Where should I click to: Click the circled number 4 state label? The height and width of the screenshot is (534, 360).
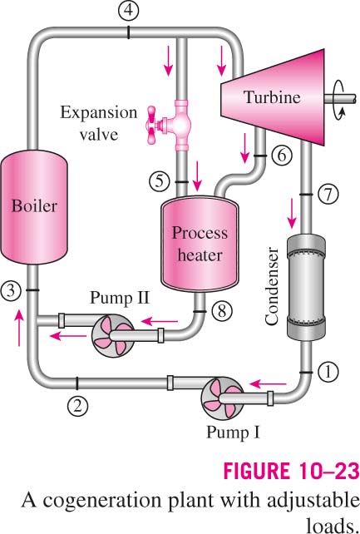pyautogui.click(x=128, y=11)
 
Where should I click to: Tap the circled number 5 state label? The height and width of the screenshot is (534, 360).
pyautogui.click(x=160, y=181)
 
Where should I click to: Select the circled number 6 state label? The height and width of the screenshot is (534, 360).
pyautogui.click(x=282, y=156)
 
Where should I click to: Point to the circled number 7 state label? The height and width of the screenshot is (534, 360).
pyautogui.click(x=328, y=195)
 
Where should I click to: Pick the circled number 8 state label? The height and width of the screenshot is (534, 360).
pyautogui.click(x=222, y=310)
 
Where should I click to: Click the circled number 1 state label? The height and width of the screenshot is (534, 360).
pyautogui.click(x=328, y=372)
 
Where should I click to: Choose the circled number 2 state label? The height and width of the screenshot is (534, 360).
pyautogui.click(x=77, y=406)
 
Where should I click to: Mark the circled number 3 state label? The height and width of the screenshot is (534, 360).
pyautogui.click(x=11, y=291)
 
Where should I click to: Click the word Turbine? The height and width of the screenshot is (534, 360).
pyautogui.click(x=272, y=97)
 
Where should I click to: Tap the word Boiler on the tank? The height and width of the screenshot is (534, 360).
pyautogui.click(x=34, y=206)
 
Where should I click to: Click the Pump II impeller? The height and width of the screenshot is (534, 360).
pyautogui.click(x=113, y=335)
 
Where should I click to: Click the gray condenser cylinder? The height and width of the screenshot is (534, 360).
pyautogui.click(x=306, y=287)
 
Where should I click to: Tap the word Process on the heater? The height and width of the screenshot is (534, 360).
pyautogui.click(x=200, y=233)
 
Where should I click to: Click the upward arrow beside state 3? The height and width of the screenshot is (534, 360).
pyautogui.click(x=19, y=328)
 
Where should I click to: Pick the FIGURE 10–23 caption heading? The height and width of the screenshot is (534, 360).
pyautogui.click(x=291, y=471)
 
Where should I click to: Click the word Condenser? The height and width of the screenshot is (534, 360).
pyautogui.click(x=272, y=287)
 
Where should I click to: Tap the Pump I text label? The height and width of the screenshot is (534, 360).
pyautogui.click(x=233, y=433)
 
